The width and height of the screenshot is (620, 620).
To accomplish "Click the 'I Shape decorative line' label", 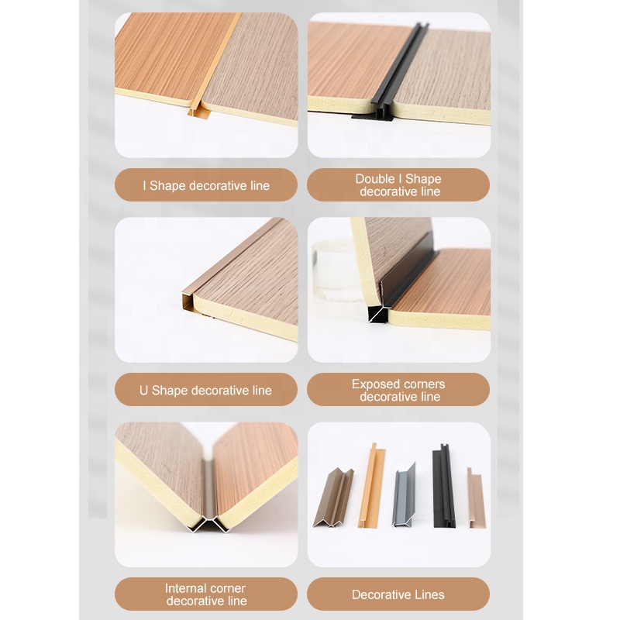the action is (x=206, y=185).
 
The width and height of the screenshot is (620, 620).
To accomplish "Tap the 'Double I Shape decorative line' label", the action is (x=398, y=185).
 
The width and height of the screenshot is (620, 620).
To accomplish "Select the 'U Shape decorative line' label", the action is (x=206, y=390).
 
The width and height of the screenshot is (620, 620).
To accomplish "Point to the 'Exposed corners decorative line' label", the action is (x=398, y=390).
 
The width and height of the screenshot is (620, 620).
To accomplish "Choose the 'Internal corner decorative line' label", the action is (x=206, y=594).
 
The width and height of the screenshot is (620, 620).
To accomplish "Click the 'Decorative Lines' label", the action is (x=398, y=594).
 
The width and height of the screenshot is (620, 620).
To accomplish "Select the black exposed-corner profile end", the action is (x=378, y=313).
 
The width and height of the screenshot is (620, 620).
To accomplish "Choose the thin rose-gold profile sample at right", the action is (x=475, y=498).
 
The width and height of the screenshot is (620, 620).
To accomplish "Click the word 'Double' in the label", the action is (x=375, y=179).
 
